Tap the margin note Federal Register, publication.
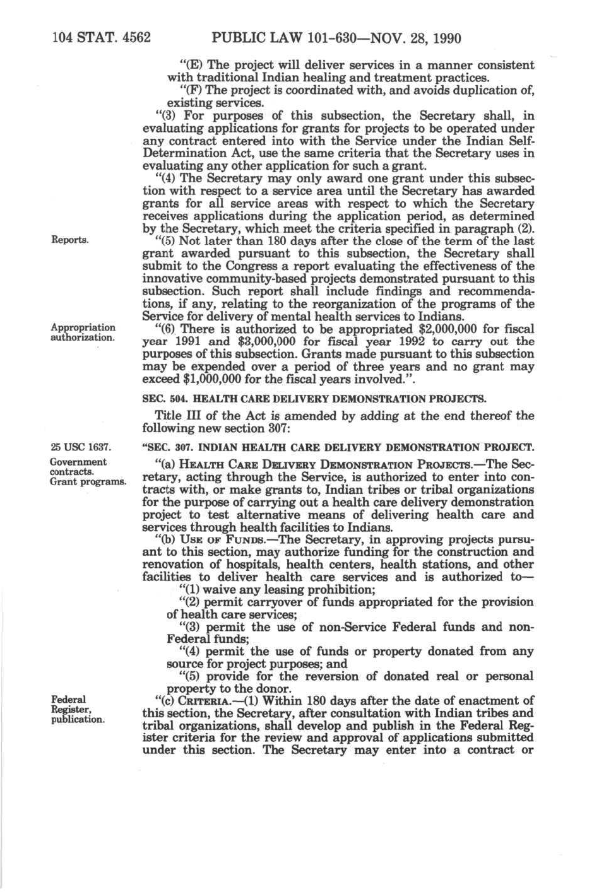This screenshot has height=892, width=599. (x=77, y=709)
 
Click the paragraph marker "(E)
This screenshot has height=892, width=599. (x=191, y=65)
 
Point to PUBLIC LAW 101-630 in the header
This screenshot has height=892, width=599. (x=288, y=38)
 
